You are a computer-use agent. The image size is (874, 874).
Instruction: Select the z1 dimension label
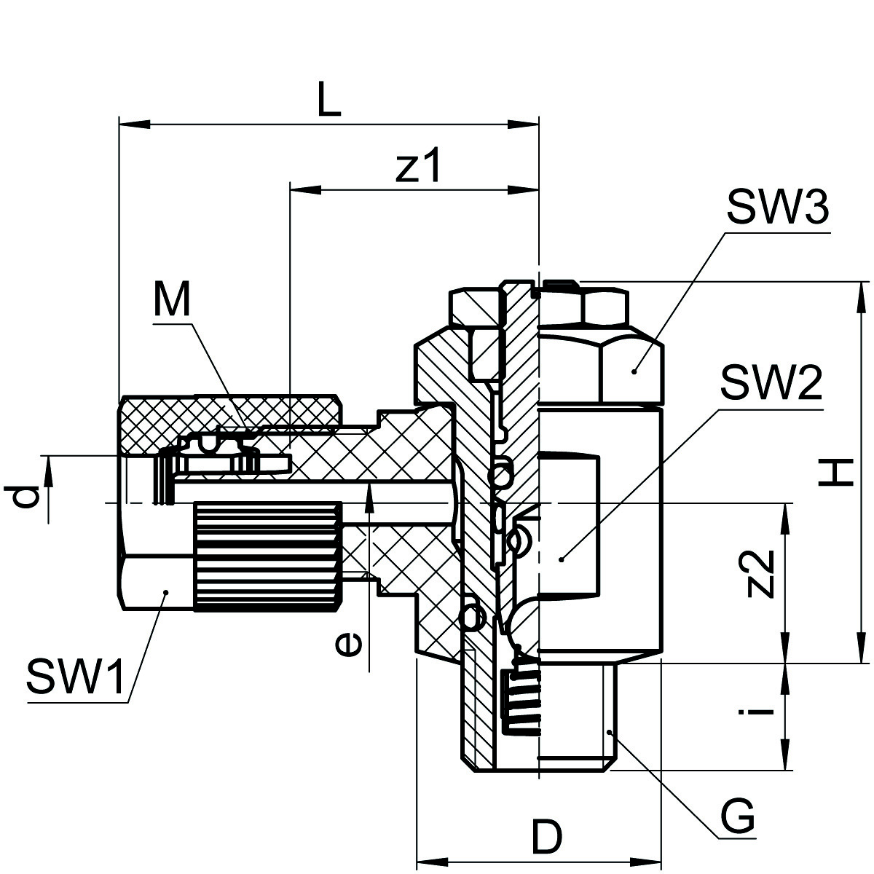click(418, 164)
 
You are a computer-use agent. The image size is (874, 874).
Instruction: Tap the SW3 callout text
click(777, 208)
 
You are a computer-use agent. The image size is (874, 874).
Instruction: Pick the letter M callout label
click(171, 299)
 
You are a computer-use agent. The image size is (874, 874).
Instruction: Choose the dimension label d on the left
click(23, 497)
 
